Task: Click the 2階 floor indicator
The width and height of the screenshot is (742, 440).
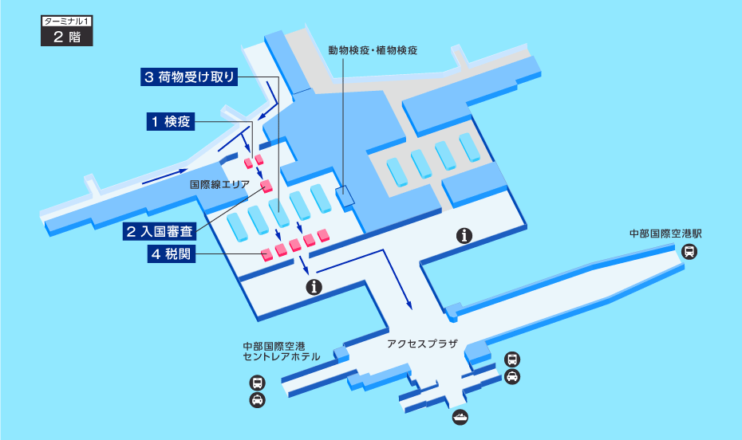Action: click(x=67, y=37)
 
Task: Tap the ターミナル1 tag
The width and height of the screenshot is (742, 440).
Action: click(x=67, y=22)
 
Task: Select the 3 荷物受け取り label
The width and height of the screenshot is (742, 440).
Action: click(x=189, y=77)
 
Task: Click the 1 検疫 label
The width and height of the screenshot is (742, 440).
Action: click(x=171, y=121)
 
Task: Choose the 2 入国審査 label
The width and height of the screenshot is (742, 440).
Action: click(x=160, y=231)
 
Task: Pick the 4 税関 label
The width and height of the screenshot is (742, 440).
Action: click(x=172, y=253)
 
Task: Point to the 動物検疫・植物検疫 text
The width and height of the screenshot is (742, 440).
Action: click(x=373, y=50)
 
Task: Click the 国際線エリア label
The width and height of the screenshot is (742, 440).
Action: click(x=219, y=184)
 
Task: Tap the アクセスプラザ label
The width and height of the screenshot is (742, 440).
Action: click(x=422, y=344)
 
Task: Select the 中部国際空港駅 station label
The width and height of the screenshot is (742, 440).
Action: click(x=665, y=234)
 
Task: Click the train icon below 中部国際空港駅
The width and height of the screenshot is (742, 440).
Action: click(x=689, y=251)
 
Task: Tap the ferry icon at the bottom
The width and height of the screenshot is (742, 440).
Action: click(x=460, y=418)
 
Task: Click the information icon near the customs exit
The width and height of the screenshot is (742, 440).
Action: click(x=314, y=287)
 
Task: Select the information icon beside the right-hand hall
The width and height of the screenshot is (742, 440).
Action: click(x=464, y=235)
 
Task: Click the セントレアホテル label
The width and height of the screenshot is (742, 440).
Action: click(x=282, y=357)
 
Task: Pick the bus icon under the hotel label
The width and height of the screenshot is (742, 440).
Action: click(x=258, y=383)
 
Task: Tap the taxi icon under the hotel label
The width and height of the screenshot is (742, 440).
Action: click(x=258, y=400)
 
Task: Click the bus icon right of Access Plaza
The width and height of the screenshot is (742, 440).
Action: click(x=512, y=359)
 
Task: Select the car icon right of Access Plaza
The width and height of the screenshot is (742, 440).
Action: click(x=512, y=377)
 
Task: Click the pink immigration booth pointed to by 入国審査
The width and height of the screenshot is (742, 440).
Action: click(x=266, y=186)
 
